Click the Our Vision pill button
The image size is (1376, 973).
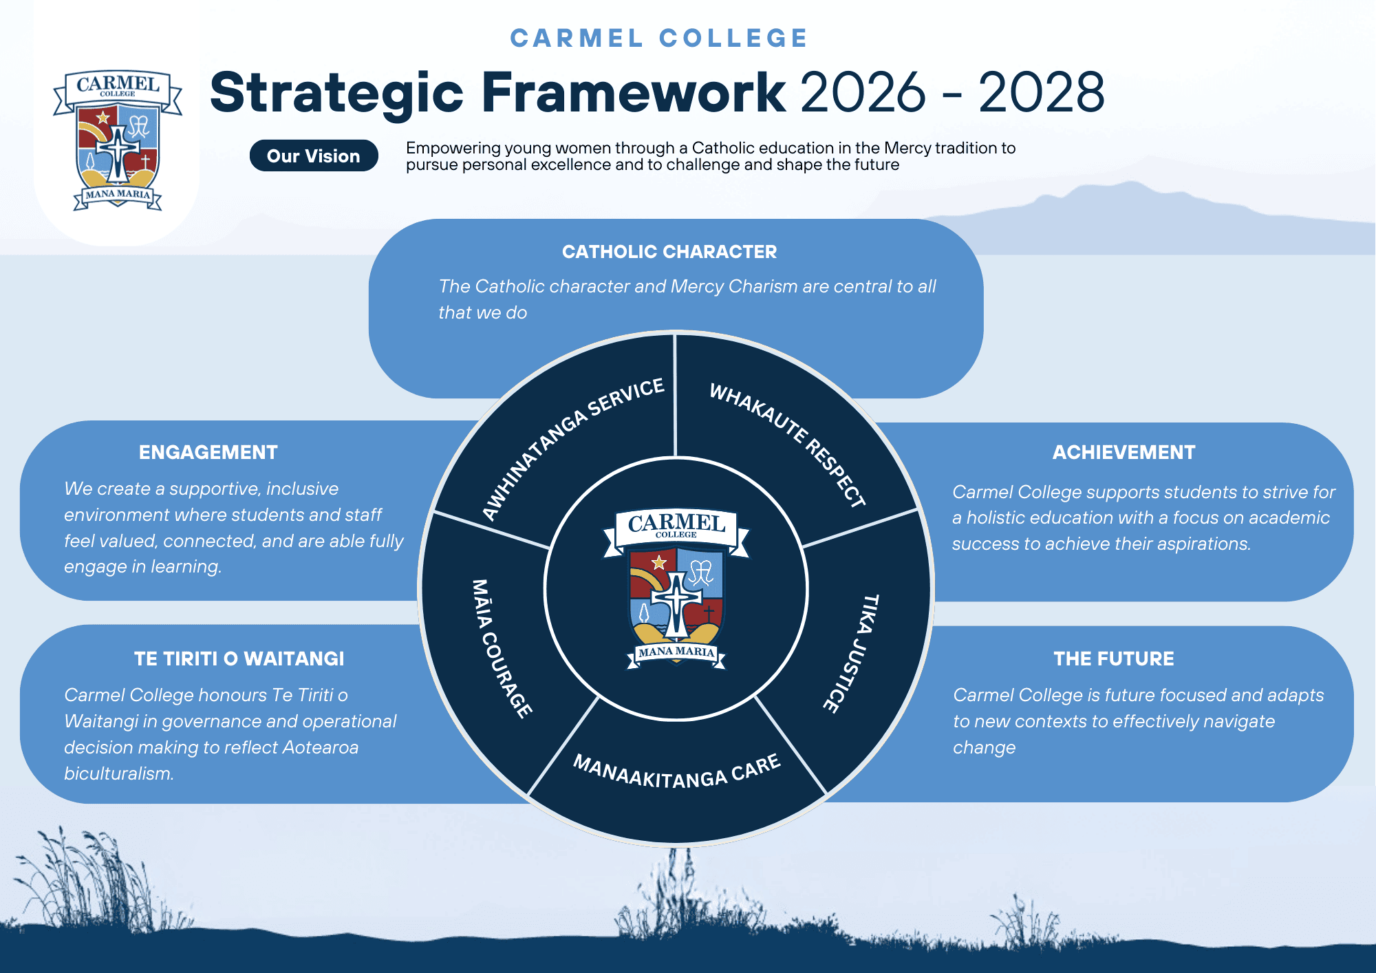[x=314, y=156]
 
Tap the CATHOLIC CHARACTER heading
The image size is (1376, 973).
[x=669, y=252]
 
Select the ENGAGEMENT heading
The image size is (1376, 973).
[x=208, y=452]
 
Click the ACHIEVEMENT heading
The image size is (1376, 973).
[x=1124, y=452]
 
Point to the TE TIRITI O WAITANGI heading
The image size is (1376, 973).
[x=239, y=659]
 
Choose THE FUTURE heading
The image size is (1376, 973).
[x=1114, y=659]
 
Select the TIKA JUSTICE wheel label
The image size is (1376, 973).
[x=851, y=654]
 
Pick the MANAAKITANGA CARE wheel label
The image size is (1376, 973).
[x=677, y=771]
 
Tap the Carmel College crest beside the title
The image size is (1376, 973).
[x=118, y=140]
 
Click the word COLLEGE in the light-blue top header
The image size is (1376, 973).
[x=733, y=39]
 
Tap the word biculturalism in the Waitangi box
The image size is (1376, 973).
[x=118, y=773]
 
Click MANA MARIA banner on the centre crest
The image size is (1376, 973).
[x=676, y=652]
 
